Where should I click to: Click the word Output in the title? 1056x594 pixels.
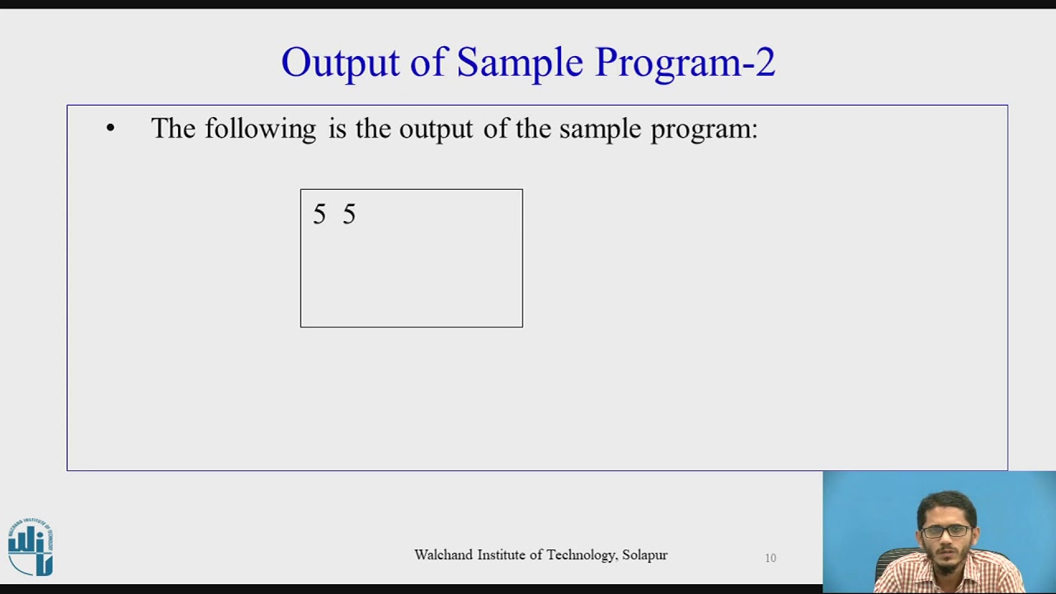point(340,64)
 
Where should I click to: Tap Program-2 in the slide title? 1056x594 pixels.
point(685,64)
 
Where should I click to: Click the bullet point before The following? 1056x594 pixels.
point(111,129)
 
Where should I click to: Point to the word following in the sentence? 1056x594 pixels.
point(260,130)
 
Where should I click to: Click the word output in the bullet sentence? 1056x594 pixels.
point(436,130)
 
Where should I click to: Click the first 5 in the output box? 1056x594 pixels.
point(319,215)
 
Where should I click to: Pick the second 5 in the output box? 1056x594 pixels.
point(349,215)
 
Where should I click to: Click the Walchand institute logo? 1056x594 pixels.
point(31,546)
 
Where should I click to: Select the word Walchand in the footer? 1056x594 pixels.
point(444,555)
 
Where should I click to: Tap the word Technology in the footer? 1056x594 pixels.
point(577,555)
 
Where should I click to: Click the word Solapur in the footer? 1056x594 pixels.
point(645,555)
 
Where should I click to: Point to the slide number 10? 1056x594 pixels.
point(771,559)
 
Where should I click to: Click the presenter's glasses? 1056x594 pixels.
point(947,530)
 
